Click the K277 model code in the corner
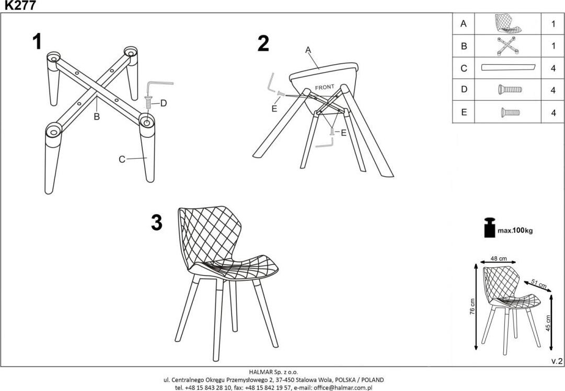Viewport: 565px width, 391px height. pyautogui.click(x=20, y=6)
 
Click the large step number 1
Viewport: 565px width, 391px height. pyautogui.click(x=37, y=42)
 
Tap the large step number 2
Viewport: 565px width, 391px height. pyautogui.click(x=263, y=43)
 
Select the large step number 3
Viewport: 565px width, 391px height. pyautogui.click(x=157, y=223)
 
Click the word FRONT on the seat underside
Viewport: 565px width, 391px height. pyautogui.click(x=325, y=87)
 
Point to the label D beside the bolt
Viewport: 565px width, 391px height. pyautogui.click(x=163, y=103)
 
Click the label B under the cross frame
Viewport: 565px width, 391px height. pyautogui.click(x=97, y=116)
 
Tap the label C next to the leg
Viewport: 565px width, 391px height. pyautogui.click(x=122, y=159)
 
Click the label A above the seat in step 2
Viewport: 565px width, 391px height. pyautogui.click(x=308, y=50)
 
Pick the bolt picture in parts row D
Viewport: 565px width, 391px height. pyautogui.click(x=510, y=89)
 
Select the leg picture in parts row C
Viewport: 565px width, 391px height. pyautogui.click(x=508, y=67)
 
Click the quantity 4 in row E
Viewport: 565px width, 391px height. pyautogui.click(x=553, y=113)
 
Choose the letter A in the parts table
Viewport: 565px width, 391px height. pyautogui.click(x=464, y=24)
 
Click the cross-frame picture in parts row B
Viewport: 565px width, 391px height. pyautogui.click(x=508, y=46)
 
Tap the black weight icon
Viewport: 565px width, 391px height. pyautogui.click(x=490, y=228)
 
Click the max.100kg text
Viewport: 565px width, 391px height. pyautogui.click(x=515, y=231)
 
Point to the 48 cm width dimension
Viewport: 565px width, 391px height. pyautogui.click(x=499, y=258)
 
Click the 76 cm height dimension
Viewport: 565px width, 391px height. pyautogui.click(x=472, y=307)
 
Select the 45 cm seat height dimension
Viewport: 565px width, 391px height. pyautogui.click(x=548, y=323)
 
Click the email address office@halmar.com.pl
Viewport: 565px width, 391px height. pyautogui.click(x=343, y=388)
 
